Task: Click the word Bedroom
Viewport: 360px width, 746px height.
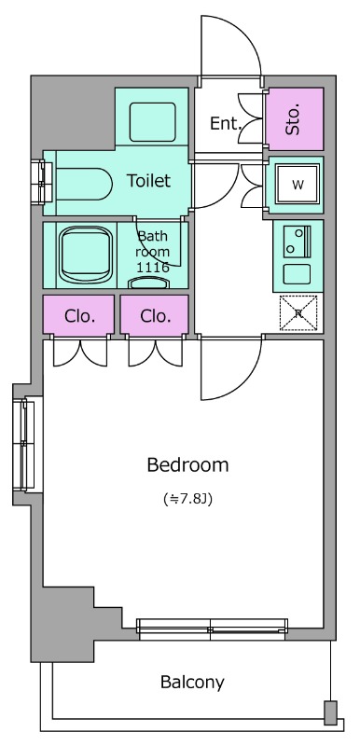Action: [187, 464]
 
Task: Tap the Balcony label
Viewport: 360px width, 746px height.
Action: [192, 683]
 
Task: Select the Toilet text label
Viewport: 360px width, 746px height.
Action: [148, 180]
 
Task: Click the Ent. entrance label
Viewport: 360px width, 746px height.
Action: [227, 124]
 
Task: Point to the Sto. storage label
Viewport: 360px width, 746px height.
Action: [294, 118]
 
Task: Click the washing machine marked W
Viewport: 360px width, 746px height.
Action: [298, 184]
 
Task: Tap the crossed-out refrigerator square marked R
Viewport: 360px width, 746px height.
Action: [298, 312]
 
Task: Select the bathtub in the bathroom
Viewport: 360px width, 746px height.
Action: [86, 255]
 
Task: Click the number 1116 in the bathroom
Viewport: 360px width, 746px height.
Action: [153, 268]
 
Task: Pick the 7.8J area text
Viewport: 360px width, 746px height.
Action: [187, 499]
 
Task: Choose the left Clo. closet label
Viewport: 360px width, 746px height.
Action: [79, 316]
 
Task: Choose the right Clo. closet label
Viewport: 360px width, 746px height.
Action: [156, 316]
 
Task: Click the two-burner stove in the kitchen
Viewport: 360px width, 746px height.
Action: [298, 242]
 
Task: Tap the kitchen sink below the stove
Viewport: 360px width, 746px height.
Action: [298, 274]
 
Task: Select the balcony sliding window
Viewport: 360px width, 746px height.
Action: [212, 626]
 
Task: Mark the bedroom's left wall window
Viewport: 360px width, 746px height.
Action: [23, 445]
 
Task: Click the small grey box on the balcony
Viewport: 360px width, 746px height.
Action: [330, 712]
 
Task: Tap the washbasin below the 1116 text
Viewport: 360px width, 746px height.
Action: [149, 283]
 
